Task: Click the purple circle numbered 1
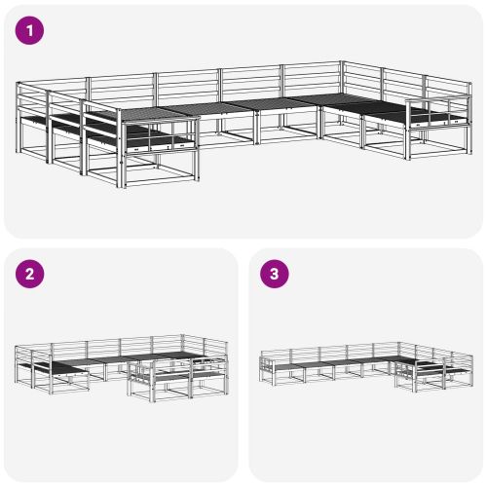(29, 30)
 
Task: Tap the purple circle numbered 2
(29, 274)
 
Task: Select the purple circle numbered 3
(275, 274)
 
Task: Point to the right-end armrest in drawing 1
(438, 113)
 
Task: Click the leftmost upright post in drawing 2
(17, 364)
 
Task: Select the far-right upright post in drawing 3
(471, 371)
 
